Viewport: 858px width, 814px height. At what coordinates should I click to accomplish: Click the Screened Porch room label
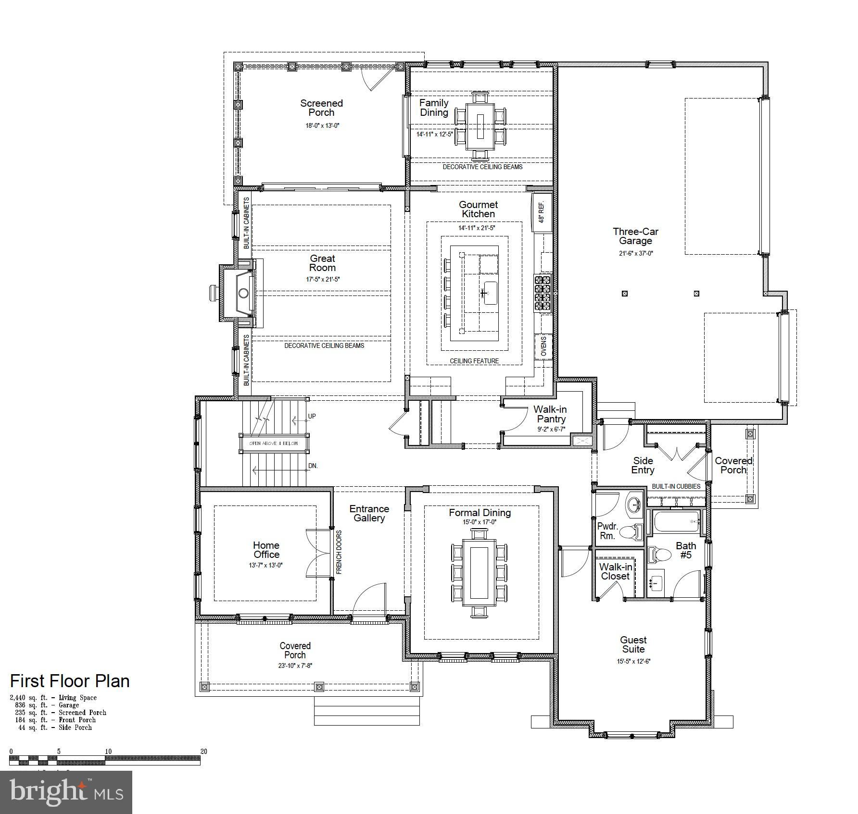tap(321, 108)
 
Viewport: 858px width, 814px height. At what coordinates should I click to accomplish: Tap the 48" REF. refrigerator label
tap(542, 212)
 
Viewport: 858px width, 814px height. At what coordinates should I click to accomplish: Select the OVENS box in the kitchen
tap(543, 346)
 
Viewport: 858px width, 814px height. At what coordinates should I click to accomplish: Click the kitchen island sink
tap(490, 293)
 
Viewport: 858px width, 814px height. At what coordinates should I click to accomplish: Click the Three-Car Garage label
tap(635, 236)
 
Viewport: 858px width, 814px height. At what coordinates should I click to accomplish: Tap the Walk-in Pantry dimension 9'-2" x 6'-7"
tap(551, 429)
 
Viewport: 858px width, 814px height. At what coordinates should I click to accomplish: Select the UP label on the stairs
tap(312, 416)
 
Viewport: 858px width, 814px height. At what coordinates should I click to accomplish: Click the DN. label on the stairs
tap(313, 466)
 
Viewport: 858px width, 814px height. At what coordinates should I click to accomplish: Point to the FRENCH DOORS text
tap(339, 552)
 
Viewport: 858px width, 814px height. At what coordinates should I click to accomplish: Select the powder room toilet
tap(631, 531)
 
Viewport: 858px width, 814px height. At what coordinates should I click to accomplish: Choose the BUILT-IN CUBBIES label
tap(676, 486)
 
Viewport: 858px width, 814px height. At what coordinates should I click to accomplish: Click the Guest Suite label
tap(633, 644)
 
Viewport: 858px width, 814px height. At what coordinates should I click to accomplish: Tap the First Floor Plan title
tap(70, 681)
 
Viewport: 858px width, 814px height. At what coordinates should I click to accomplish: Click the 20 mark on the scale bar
tap(203, 752)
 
